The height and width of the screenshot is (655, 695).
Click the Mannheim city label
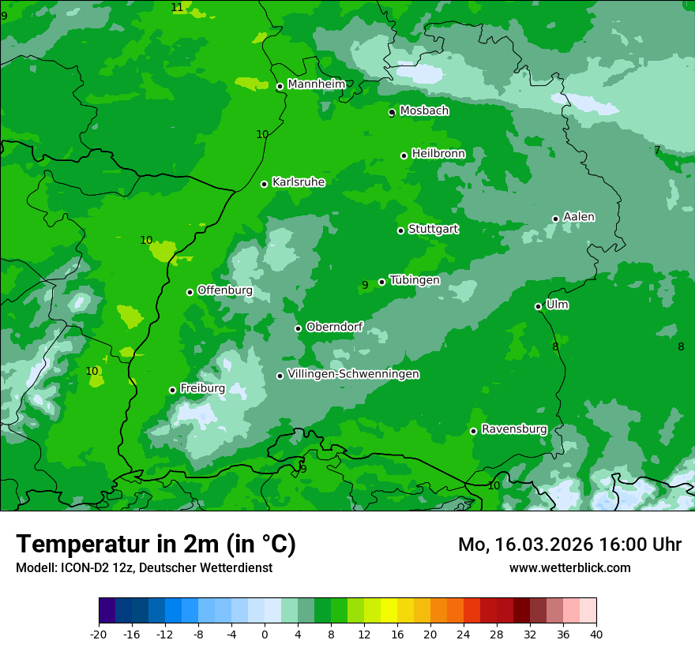coord(316,84)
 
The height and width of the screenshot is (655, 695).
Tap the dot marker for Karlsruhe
coord(264,185)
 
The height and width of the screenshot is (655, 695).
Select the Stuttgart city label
coord(433,230)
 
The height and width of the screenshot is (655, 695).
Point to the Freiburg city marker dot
coord(172,390)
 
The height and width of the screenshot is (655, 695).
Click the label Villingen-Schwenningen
coord(353,374)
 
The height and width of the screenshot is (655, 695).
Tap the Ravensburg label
coord(513,429)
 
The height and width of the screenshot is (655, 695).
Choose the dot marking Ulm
coord(538,306)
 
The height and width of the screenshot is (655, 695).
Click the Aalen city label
coord(578,217)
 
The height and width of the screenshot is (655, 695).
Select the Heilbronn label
coord(438,154)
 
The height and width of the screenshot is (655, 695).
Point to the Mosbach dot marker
coord(392,113)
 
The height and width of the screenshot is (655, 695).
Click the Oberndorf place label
coord(334,327)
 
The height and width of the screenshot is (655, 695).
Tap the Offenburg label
coord(224,290)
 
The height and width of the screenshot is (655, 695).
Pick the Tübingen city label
coord(414,280)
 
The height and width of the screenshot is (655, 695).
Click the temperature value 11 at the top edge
coord(177,7)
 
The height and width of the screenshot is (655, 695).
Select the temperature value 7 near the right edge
coord(656,150)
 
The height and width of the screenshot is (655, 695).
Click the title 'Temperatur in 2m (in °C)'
coord(156,545)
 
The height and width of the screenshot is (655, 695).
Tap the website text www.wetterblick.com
coord(569,568)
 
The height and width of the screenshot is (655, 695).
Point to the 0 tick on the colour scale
coord(265,634)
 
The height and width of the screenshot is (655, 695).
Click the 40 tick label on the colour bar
coord(595,634)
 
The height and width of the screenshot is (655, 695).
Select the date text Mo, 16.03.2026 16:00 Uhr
coord(569,545)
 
